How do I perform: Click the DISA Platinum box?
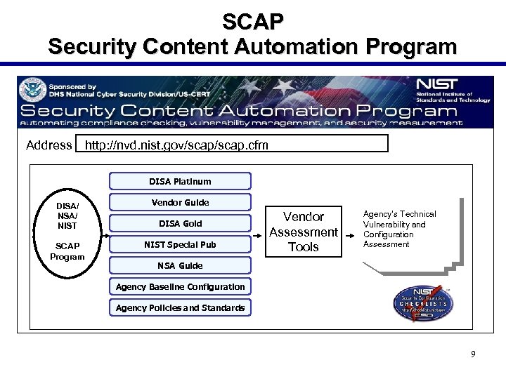click(x=180, y=181)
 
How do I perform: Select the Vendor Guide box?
click(x=180, y=202)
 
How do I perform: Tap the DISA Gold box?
click(x=180, y=223)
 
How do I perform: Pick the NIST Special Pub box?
click(x=180, y=244)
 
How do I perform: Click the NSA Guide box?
click(x=180, y=265)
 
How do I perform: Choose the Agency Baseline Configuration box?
click(x=180, y=286)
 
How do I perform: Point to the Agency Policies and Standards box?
click(x=180, y=307)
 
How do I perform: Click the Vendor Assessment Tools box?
click(x=304, y=232)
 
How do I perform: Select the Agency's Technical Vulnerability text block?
click(x=399, y=229)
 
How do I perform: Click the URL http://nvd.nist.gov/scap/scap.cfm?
click(x=176, y=145)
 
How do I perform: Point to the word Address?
click(x=49, y=145)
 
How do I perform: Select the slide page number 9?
click(x=473, y=354)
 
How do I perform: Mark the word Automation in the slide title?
click(x=290, y=47)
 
